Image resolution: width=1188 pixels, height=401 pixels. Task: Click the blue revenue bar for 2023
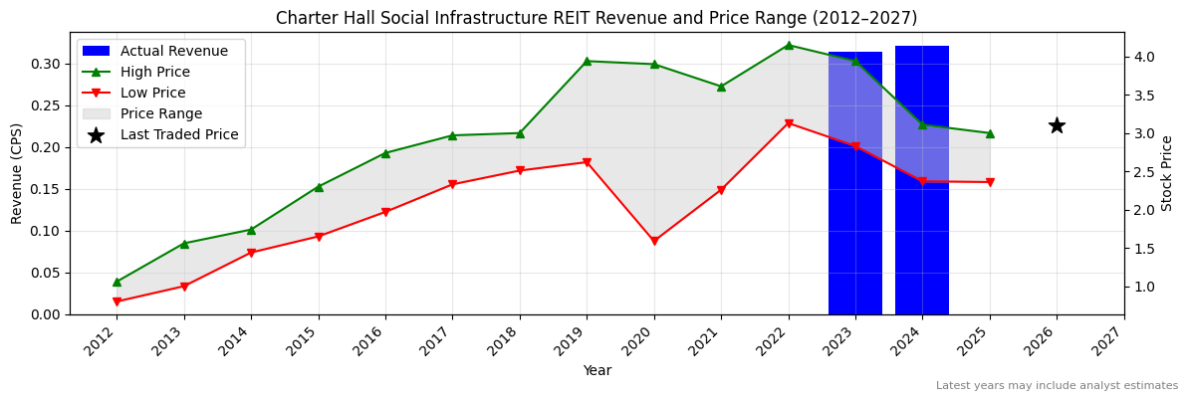coord(854,183)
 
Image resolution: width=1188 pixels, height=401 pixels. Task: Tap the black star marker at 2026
coord(1057,125)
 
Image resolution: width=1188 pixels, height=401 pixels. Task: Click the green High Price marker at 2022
coord(789,45)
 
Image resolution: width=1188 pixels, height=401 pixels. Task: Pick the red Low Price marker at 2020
coord(654,241)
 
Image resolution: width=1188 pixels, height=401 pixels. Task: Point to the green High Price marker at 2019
coord(587,61)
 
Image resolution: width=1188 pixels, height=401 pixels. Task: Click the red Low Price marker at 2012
coord(117,301)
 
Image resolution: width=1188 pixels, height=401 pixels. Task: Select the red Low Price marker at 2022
coord(789,123)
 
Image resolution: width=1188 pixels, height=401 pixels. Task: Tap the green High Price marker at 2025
coord(990,133)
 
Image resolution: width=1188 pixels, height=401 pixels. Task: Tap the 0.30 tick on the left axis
coord(46,64)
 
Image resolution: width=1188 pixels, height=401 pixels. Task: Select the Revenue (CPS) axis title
coord(17,173)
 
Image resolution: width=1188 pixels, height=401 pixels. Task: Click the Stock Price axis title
coord(1167,173)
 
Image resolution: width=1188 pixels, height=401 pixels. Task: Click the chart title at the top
coord(596,18)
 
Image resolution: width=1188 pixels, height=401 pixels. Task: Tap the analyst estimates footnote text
coord(1057,386)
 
